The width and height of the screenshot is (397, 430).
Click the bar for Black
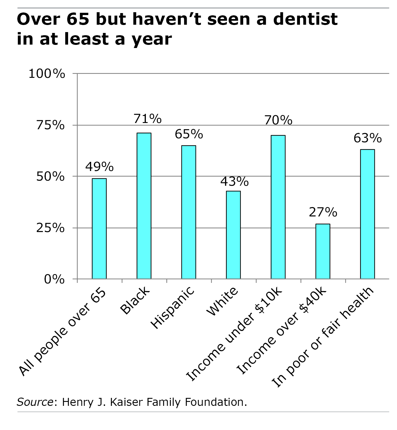click(144, 206)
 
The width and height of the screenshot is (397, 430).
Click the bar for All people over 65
click(99, 228)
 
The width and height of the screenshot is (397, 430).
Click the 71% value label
click(148, 119)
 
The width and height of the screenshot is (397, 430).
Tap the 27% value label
click(323, 212)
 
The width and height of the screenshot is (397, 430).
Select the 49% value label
click(99, 167)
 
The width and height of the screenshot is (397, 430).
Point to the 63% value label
click(367, 138)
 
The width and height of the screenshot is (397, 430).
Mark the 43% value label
click(234, 181)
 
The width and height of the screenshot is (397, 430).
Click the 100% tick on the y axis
click(47, 74)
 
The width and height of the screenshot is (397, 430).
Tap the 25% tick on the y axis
click(50, 228)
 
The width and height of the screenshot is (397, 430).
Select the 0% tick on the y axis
click(54, 279)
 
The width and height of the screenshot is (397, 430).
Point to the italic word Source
click(35, 402)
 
